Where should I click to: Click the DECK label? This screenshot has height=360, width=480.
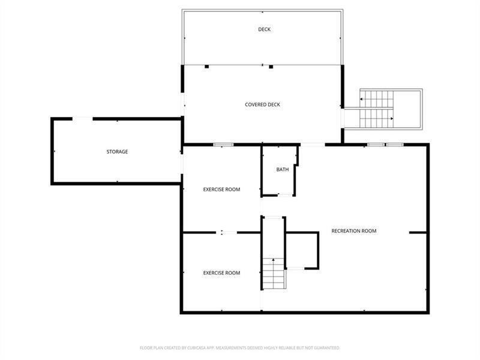point(264,29)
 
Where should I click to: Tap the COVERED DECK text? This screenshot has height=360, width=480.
point(262,104)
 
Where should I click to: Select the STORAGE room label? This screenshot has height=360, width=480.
point(117,152)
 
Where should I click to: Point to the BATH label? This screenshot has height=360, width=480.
point(282,170)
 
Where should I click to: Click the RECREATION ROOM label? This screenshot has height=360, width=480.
point(354,231)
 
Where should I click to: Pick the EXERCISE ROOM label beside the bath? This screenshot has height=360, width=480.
point(221,190)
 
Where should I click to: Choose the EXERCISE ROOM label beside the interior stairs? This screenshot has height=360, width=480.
point(221,273)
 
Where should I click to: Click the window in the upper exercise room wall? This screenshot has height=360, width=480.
point(223,145)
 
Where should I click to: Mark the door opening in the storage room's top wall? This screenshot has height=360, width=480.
point(82,119)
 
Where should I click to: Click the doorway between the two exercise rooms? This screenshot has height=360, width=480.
point(227,233)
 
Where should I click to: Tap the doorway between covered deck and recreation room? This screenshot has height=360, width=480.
point(312,145)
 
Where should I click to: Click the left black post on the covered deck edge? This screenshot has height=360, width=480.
point(207,67)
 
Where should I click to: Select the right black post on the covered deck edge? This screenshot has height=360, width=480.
point(271,67)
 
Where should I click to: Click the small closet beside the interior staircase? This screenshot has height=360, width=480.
point(302,250)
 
